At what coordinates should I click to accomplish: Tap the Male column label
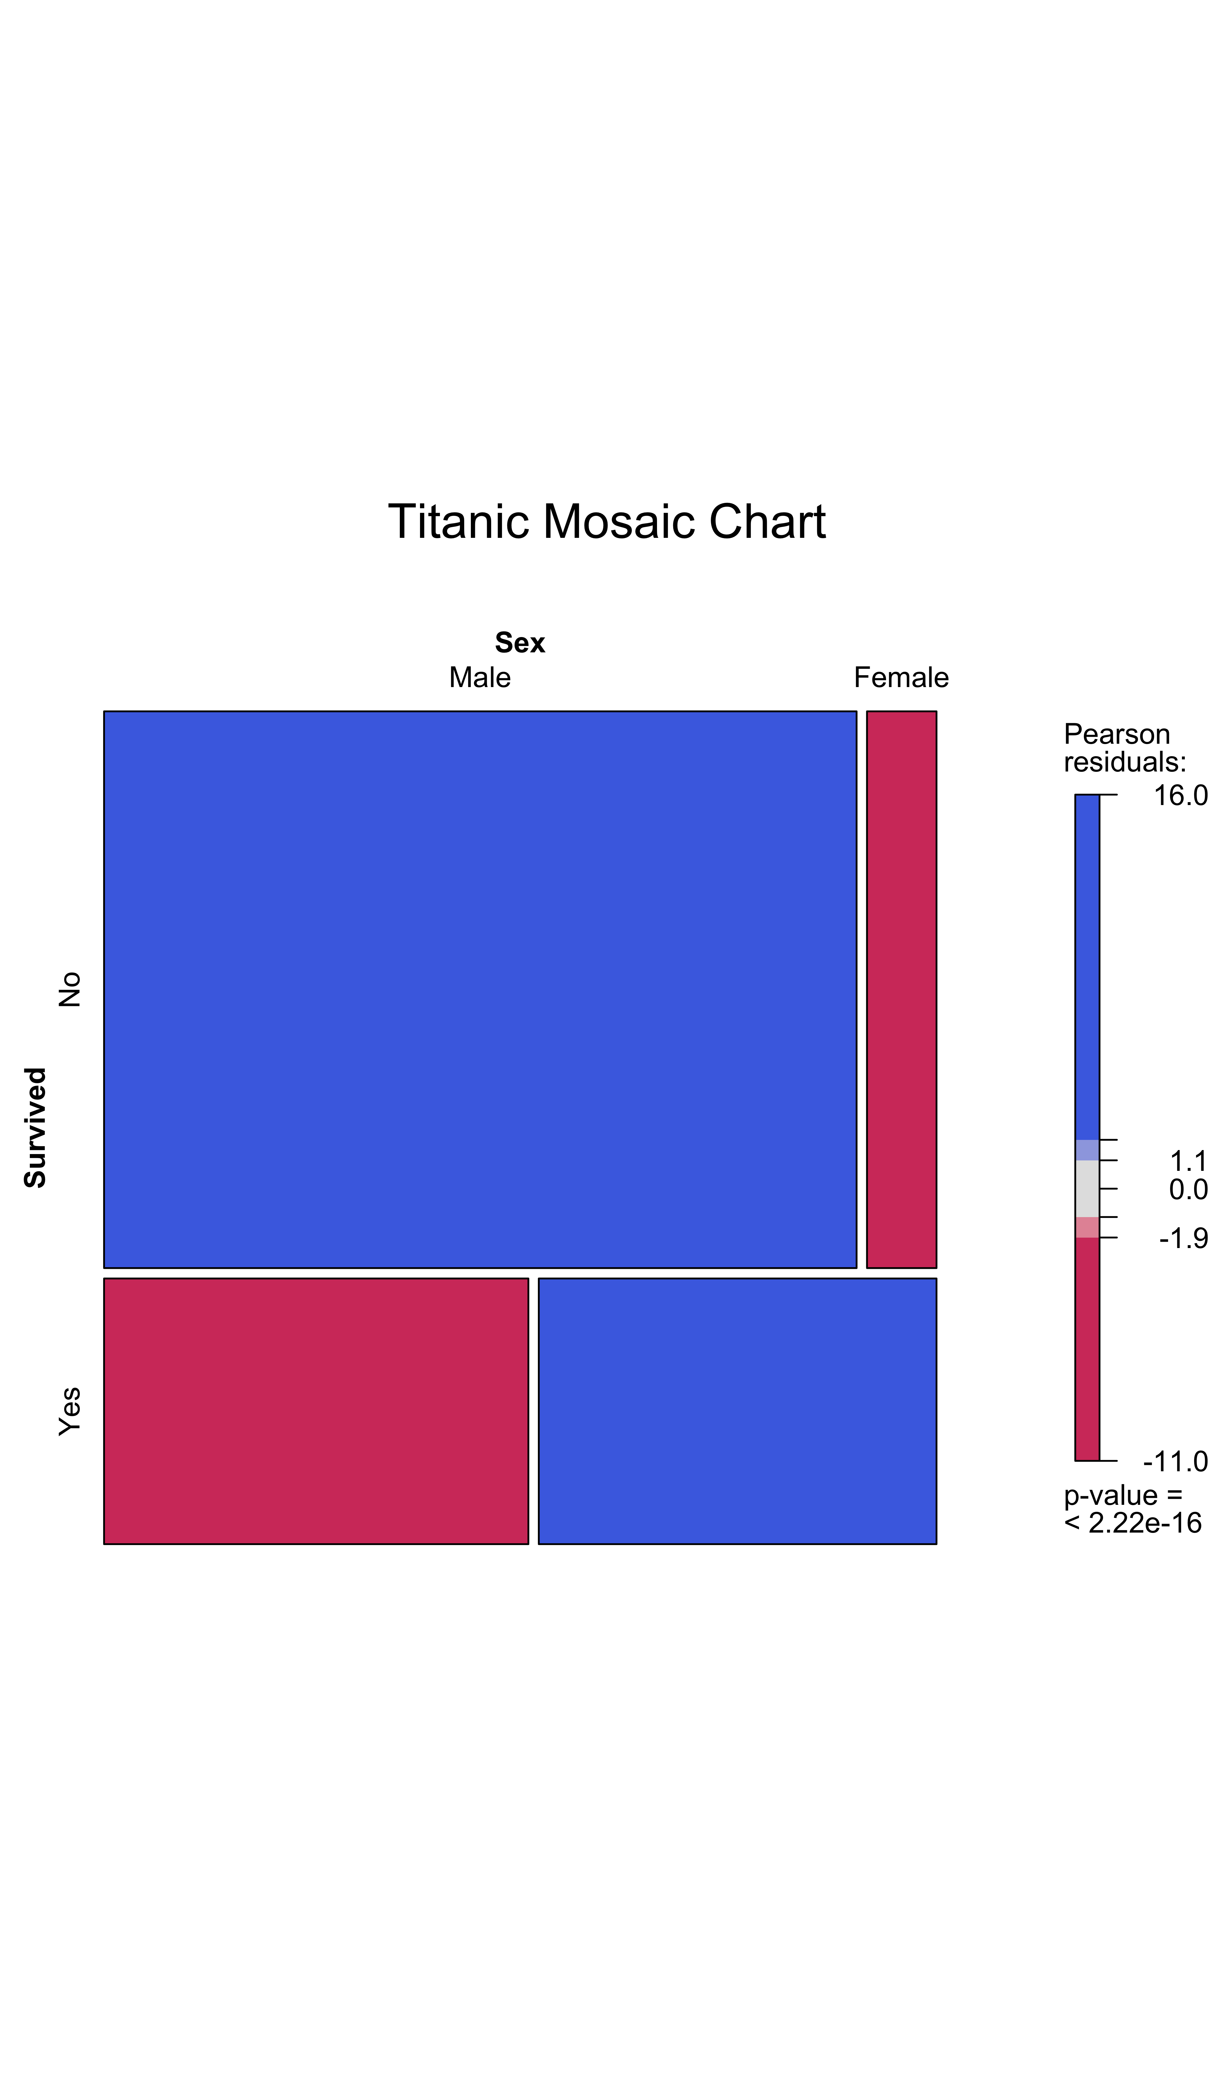click(x=480, y=678)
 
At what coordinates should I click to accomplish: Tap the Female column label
click(x=901, y=678)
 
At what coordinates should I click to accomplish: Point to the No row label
click(x=70, y=989)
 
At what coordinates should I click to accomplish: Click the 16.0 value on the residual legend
click(x=1180, y=795)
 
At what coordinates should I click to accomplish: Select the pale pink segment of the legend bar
click(x=1087, y=1227)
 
